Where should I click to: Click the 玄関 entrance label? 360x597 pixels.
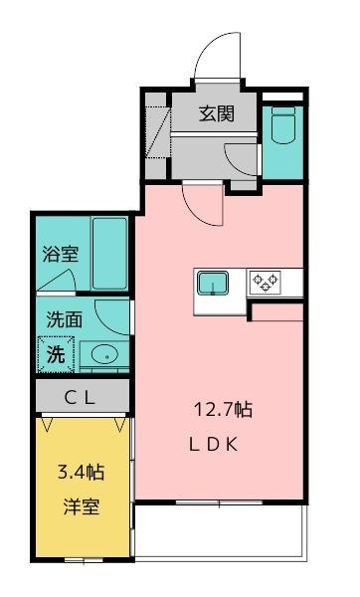click(216, 113)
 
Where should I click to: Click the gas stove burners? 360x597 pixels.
click(266, 282)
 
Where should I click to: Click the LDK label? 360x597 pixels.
click(213, 445)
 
